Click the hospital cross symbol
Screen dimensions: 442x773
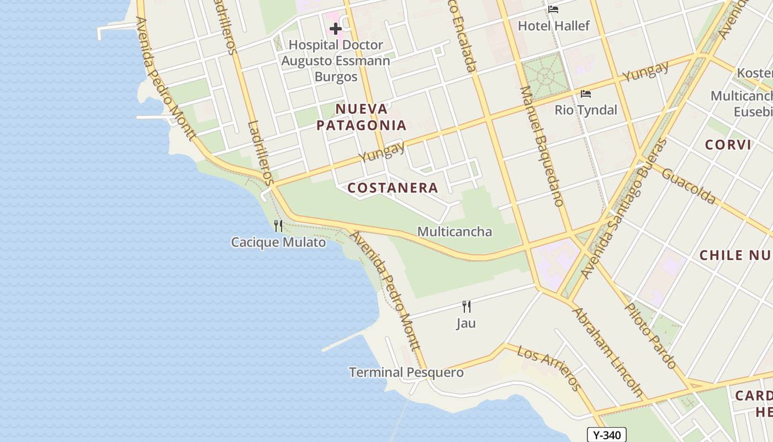pos(335,28)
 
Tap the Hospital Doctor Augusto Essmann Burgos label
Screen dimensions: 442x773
pos(336,60)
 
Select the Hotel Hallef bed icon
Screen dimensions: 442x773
pos(553,9)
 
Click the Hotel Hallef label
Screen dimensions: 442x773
pos(553,25)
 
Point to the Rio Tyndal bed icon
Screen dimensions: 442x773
pos(586,94)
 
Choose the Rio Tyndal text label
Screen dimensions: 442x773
pos(586,110)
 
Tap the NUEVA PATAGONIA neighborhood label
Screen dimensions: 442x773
pos(362,117)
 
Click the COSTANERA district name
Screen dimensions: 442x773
pos(393,188)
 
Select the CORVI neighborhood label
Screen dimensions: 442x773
pos(728,145)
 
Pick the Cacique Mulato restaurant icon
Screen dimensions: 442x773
pos(278,225)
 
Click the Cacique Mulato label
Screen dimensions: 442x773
pos(278,242)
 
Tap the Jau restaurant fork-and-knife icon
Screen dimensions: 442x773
pos(467,307)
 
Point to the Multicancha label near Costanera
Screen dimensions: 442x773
pos(454,231)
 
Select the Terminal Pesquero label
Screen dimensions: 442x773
pos(406,372)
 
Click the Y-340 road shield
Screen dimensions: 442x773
pos(606,435)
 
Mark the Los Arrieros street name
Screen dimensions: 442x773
pos(549,369)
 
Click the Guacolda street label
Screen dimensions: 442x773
pos(688,186)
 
